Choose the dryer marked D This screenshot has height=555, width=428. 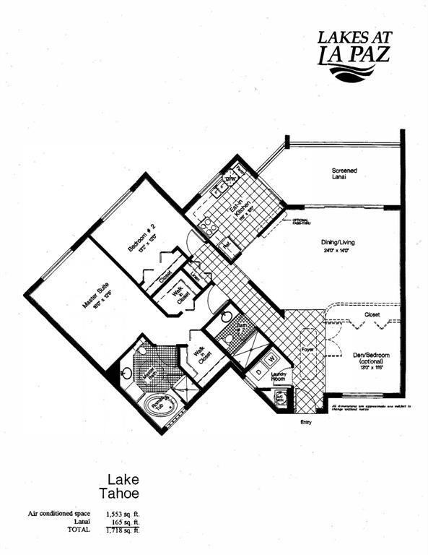257,362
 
